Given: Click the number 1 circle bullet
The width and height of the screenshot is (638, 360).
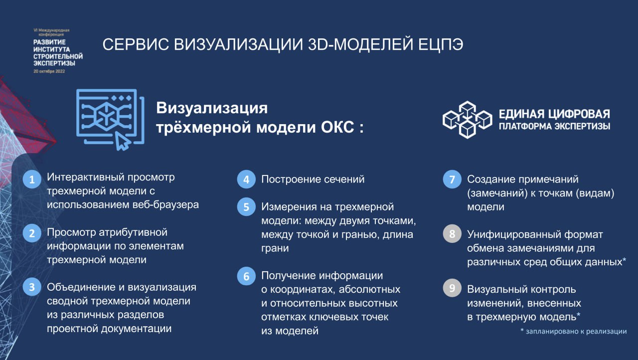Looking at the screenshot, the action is [x=32, y=179].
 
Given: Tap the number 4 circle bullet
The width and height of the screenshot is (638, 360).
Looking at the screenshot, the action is [x=246, y=179].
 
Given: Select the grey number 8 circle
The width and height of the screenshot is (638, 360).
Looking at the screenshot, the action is [x=452, y=234].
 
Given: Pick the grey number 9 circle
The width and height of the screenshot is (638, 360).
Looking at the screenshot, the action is [x=452, y=288].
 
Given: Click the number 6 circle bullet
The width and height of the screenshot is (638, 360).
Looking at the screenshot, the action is [x=246, y=276].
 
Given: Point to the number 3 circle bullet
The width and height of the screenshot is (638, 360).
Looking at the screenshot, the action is [x=32, y=287].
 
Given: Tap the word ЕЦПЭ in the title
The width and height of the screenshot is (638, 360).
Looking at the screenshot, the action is [x=441, y=45].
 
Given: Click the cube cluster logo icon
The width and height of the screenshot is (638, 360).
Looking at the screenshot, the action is [x=467, y=120].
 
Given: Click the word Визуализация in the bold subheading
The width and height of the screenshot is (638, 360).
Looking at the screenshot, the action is [x=212, y=108].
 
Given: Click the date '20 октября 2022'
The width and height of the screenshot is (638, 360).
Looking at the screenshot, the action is [x=49, y=71].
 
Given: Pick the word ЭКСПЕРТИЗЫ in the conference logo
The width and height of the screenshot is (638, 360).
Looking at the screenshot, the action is [x=54, y=63].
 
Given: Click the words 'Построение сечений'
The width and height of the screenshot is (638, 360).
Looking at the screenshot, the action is [x=313, y=179].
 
